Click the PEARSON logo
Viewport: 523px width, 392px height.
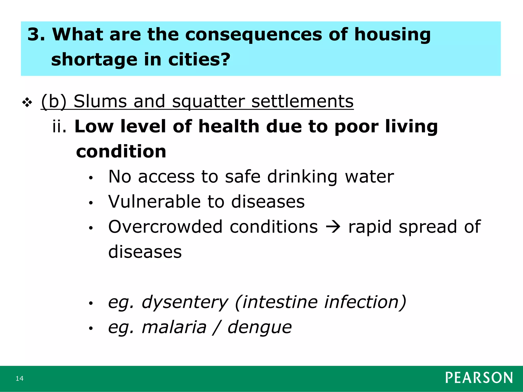coord(479,378)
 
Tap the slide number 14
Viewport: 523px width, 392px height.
coord(19,378)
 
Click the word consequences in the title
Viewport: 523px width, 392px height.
coord(253,34)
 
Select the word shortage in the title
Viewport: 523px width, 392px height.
coord(94,60)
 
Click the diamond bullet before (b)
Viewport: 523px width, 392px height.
coord(27,103)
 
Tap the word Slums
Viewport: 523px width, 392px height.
coord(100,101)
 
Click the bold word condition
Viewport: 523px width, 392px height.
coord(121,152)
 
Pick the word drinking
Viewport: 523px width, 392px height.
coord(302,177)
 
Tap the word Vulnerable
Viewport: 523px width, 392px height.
coord(154,202)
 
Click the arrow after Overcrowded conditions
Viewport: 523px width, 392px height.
coord(333,226)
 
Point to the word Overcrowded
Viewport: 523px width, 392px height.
coord(165,227)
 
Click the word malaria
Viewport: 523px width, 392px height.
coord(174,327)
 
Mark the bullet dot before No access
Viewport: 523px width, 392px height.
coord(90,178)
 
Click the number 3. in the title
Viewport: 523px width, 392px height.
coord(36,34)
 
